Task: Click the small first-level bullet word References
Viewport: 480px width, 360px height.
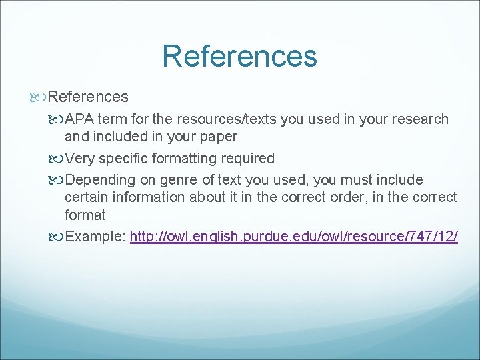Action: coord(88,97)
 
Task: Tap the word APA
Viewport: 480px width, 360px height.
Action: coord(81,119)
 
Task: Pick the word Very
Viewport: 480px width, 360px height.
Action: coord(81,159)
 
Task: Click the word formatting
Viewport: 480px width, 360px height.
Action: coord(167,159)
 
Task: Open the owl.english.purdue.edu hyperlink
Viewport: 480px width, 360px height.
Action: coord(293,237)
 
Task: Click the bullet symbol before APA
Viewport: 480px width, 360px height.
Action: coord(55,120)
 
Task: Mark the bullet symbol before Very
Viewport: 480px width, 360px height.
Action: coord(55,159)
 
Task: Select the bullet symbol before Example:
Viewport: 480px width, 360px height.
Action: coord(55,237)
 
